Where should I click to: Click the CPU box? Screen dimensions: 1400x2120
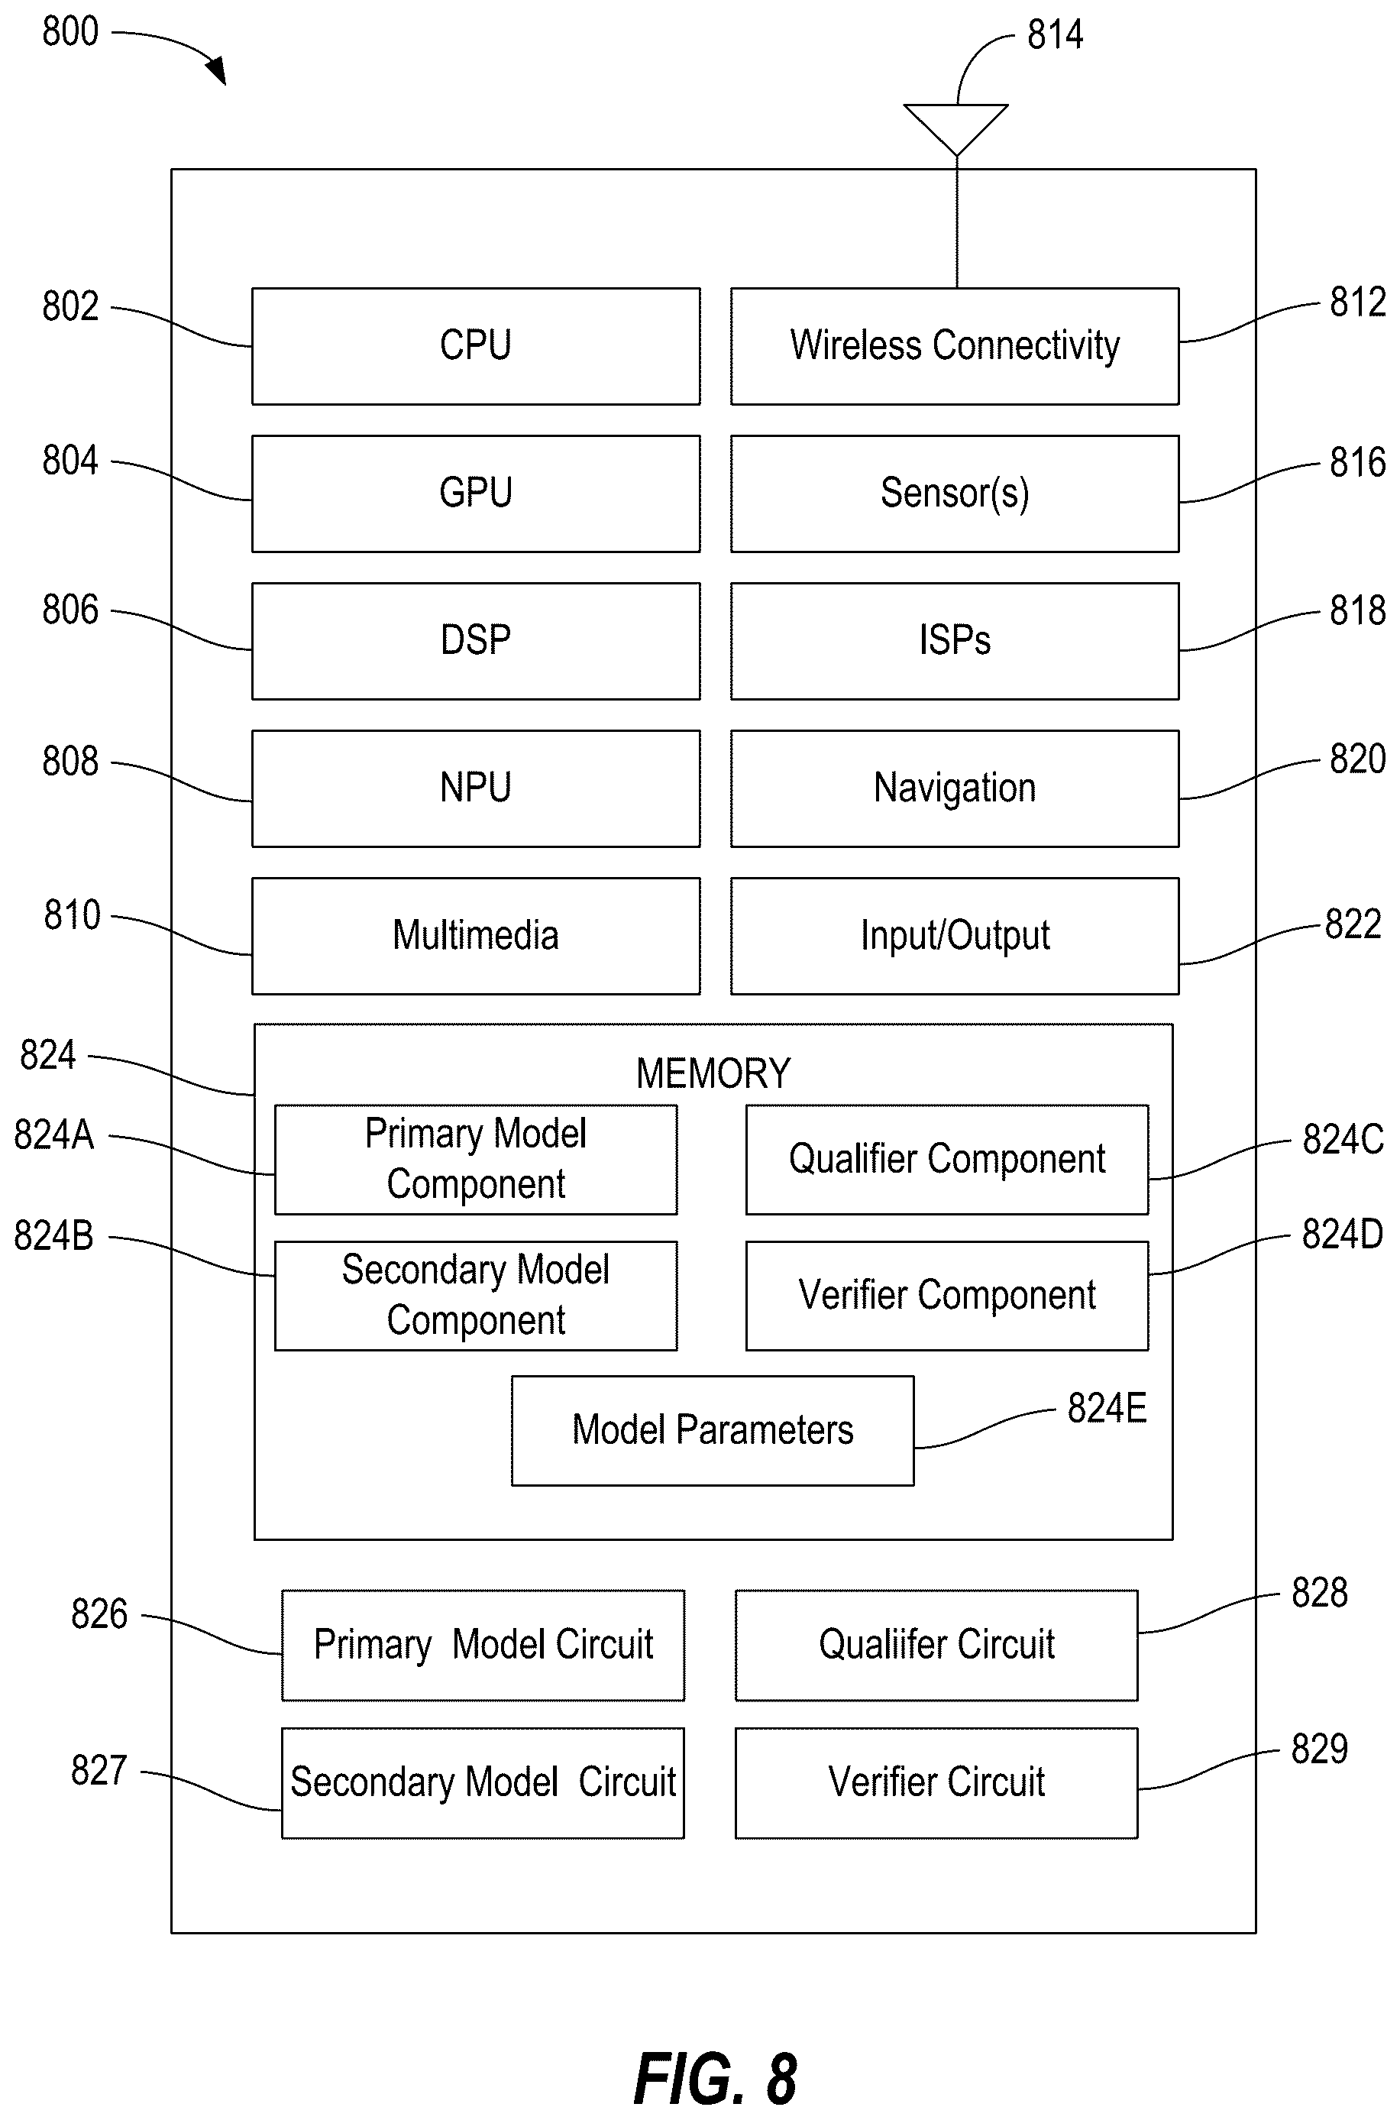[x=476, y=347]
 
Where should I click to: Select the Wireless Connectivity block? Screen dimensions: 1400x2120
[x=955, y=347]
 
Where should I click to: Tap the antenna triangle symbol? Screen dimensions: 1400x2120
[x=956, y=129]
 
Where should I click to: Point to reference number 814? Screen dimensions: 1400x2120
[x=1055, y=35]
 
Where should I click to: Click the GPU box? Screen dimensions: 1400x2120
[x=476, y=494]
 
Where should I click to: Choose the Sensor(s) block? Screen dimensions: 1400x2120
[x=955, y=494]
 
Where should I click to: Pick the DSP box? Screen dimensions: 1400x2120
[x=476, y=641]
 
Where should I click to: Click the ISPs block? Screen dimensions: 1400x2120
[x=955, y=641]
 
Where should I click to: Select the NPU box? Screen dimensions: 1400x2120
[x=476, y=788]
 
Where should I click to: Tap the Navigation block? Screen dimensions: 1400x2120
[x=955, y=788]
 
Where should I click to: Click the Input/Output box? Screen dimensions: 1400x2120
[x=955, y=936]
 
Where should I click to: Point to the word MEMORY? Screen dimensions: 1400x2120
[x=713, y=1073]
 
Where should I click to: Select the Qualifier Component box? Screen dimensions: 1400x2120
[x=947, y=1160]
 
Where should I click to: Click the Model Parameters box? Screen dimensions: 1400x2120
[x=713, y=1431]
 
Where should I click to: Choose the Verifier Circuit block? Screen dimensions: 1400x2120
[x=936, y=1783]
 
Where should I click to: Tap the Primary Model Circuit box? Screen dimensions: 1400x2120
[x=483, y=1645]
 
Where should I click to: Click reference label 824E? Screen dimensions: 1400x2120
[x=1106, y=1408]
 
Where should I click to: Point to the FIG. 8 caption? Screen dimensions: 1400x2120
[x=715, y=2080]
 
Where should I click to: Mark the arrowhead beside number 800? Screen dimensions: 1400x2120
[x=217, y=72]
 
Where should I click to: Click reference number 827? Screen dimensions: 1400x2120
[x=99, y=1771]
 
